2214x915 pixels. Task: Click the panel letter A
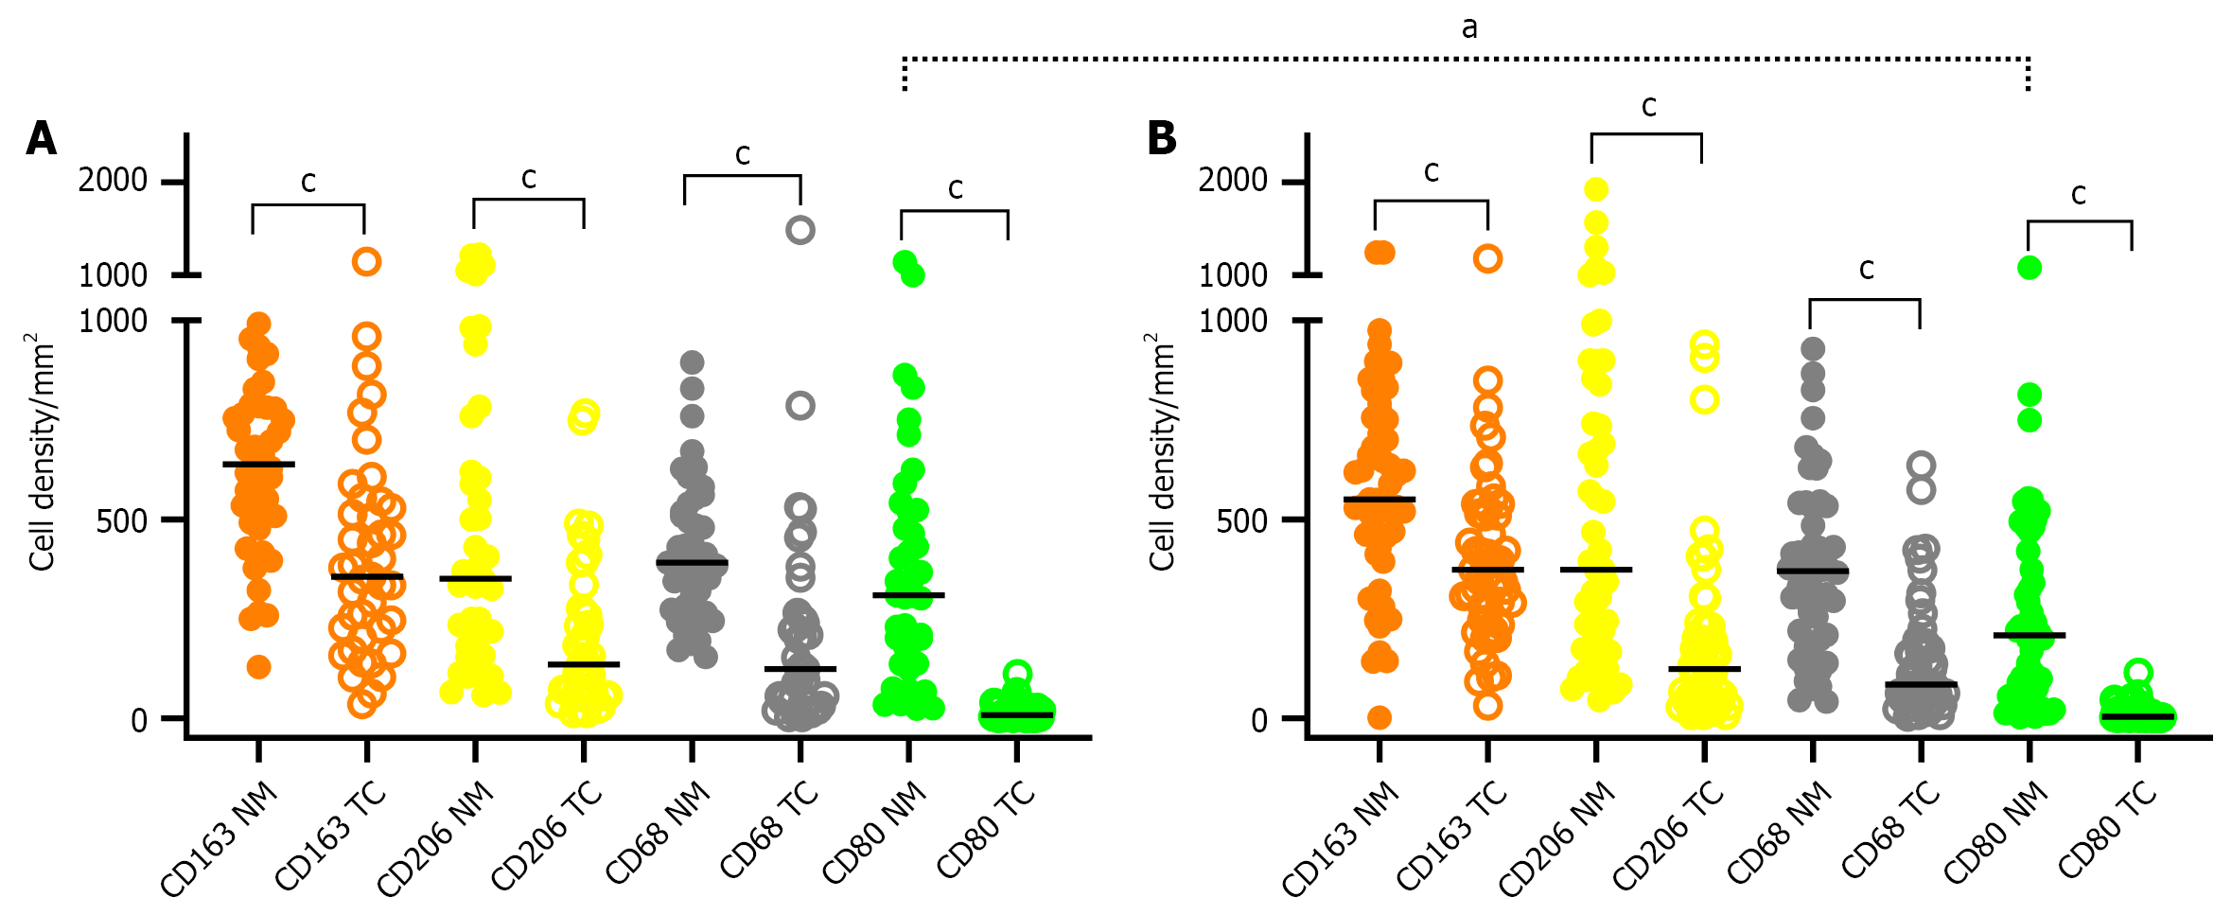click(x=42, y=138)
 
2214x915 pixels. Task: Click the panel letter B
click(x=1162, y=138)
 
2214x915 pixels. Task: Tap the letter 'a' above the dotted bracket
click(x=1468, y=28)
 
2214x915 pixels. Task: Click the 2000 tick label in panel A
click(x=113, y=180)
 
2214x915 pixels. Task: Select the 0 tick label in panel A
click(x=139, y=720)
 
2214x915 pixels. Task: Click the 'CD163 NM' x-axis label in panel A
click(x=220, y=838)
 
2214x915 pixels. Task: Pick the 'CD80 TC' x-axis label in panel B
click(x=2108, y=831)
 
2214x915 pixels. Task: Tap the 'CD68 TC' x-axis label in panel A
click(x=769, y=831)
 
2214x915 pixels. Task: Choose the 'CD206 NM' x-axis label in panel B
click(x=1557, y=838)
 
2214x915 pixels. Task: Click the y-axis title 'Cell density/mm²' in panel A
click(x=41, y=452)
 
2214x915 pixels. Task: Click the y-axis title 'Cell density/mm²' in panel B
click(x=1161, y=452)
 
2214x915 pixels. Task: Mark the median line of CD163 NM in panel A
click(x=258, y=464)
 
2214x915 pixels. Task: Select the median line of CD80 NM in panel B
click(x=2029, y=635)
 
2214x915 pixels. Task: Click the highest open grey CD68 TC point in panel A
click(x=800, y=230)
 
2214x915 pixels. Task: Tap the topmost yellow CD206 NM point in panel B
click(x=1596, y=189)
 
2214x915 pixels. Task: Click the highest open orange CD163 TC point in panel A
click(x=367, y=261)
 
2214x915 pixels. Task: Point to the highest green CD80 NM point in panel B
click(x=2029, y=268)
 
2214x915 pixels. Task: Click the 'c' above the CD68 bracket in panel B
click(x=1866, y=270)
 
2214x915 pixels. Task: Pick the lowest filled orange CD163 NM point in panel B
click(x=1379, y=717)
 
